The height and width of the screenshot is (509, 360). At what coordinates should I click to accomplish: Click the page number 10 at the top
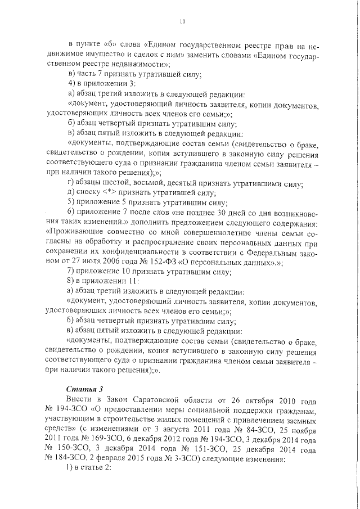(x=182, y=22)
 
